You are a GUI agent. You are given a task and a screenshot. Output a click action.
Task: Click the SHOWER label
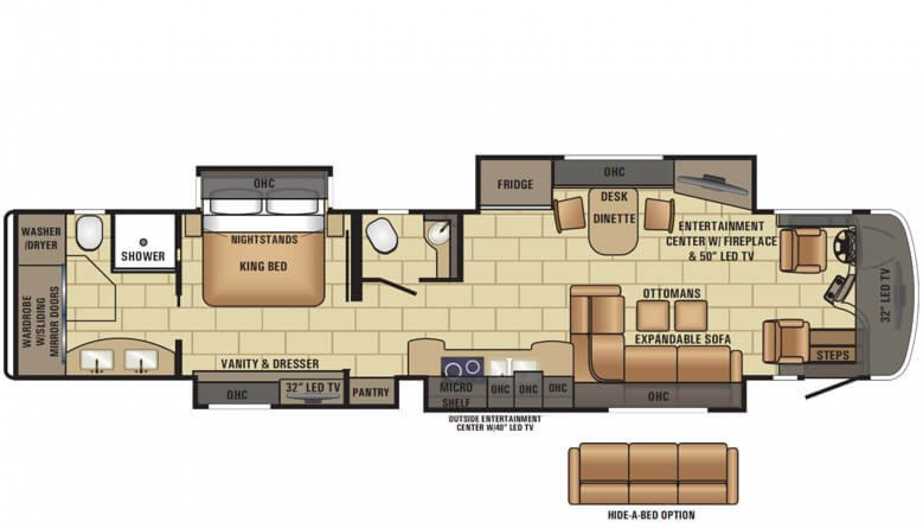[143, 256]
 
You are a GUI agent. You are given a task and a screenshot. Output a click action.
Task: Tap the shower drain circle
[143, 242]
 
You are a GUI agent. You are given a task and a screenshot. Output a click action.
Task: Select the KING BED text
[263, 266]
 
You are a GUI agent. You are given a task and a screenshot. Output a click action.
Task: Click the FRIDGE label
[515, 184]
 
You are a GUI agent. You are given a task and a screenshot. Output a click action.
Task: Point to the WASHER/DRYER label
[41, 238]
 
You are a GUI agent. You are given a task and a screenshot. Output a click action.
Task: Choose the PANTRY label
[371, 392]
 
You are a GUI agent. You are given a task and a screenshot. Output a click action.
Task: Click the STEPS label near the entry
[833, 355]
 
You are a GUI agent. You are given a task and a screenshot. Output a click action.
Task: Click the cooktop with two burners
[462, 367]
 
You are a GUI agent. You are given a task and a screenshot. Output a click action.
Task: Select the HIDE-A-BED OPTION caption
[651, 515]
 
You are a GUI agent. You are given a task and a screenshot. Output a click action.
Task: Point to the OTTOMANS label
[671, 293]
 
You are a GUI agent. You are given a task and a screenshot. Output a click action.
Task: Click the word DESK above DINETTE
[614, 197]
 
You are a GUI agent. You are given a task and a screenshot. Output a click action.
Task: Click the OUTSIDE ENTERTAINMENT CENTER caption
[495, 423]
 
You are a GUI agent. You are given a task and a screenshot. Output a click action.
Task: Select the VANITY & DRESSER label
[270, 364]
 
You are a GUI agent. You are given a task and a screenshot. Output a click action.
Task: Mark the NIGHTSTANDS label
[264, 240]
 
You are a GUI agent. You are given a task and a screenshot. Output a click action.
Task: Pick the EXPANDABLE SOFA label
[683, 339]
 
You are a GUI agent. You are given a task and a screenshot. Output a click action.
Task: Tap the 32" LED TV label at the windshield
[886, 295]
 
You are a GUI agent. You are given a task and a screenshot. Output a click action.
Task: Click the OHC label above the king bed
[264, 183]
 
